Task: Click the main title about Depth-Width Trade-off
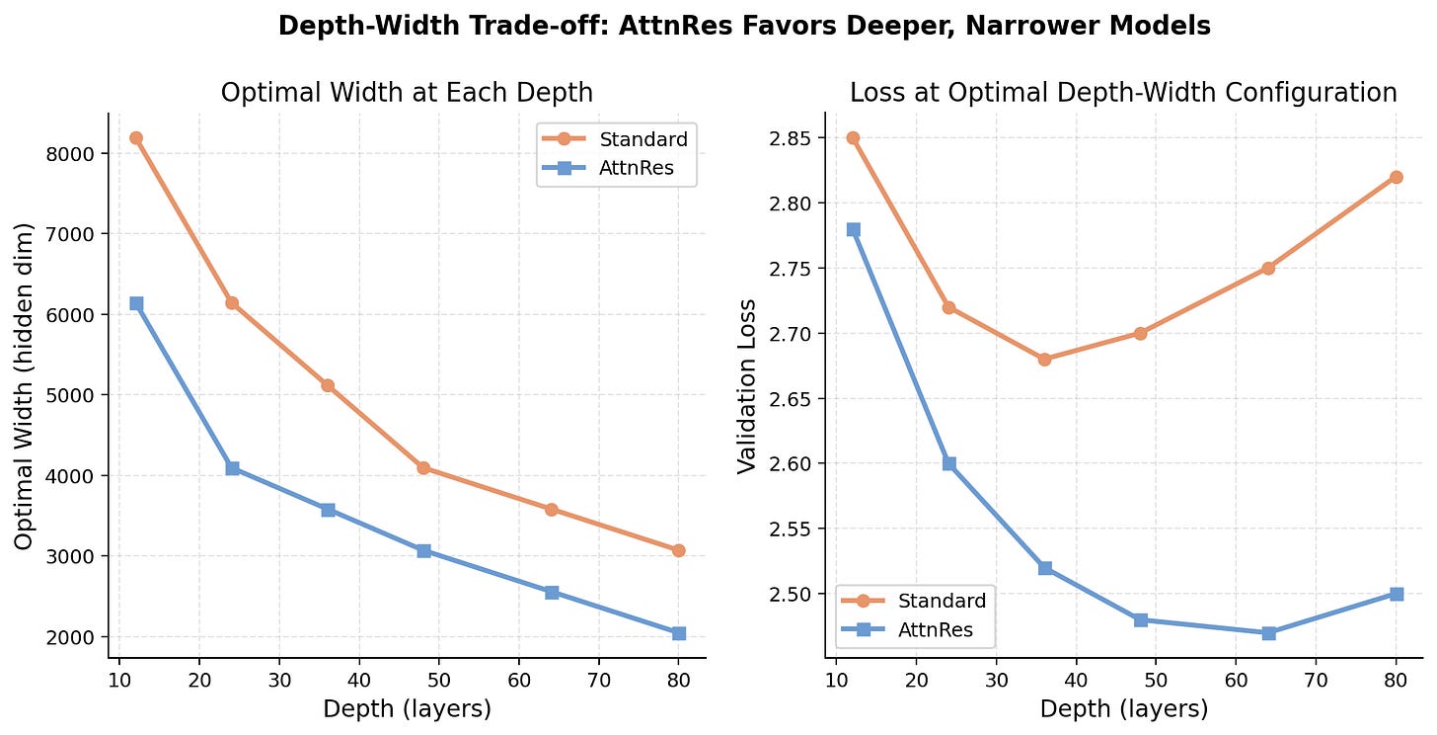(744, 27)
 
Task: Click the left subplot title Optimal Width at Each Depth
(407, 93)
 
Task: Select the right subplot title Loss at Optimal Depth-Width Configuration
(1123, 93)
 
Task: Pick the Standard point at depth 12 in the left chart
(136, 138)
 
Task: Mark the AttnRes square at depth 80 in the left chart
(678, 633)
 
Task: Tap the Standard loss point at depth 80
(1397, 177)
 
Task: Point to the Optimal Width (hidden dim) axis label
(24, 386)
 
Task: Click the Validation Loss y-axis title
(747, 386)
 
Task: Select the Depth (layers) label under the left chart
(407, 708)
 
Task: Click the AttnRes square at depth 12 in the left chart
(136, 303)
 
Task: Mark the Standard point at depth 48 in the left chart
(423, 468)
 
